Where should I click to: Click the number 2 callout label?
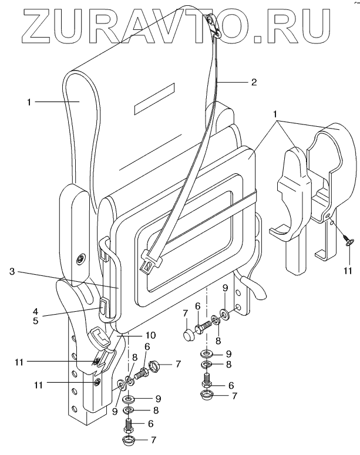point(254,82)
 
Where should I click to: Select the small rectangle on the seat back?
point(155,98)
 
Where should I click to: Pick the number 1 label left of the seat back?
point(28,102)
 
